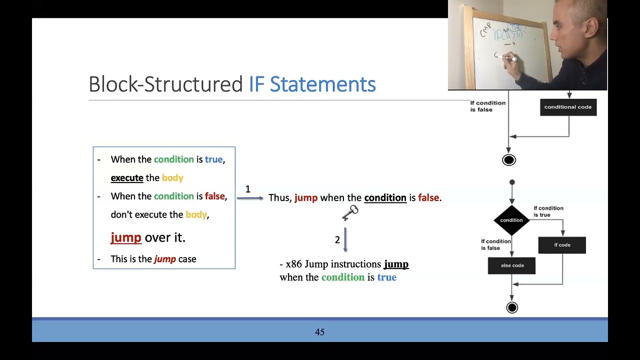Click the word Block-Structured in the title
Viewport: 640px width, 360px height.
coord(165,84)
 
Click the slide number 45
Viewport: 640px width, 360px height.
coord(320,332)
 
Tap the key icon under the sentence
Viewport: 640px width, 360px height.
coord(350,212)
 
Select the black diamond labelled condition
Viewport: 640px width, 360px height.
coord(511,220)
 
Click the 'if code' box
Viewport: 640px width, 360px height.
coord(562,245)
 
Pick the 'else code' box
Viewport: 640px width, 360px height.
coord(512,265)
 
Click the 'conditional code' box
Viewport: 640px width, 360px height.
coord(568,107)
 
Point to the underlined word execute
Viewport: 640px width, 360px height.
coord(127,178)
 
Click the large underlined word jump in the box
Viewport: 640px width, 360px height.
coord(126,237)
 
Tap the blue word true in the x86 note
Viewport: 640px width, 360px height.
coord(386,277)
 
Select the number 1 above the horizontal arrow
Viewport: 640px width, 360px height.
coord(247,189)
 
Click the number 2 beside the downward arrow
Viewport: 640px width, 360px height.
coord(337,240)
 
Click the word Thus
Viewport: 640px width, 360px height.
coord(279,198)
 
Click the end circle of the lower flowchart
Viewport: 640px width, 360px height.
coord(512,307)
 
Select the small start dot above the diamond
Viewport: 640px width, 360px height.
coord(512,182)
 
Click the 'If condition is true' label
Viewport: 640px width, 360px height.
coord(548,211)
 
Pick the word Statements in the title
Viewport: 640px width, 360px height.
coord(322,84)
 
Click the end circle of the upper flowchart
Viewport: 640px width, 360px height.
coord(509,160)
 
